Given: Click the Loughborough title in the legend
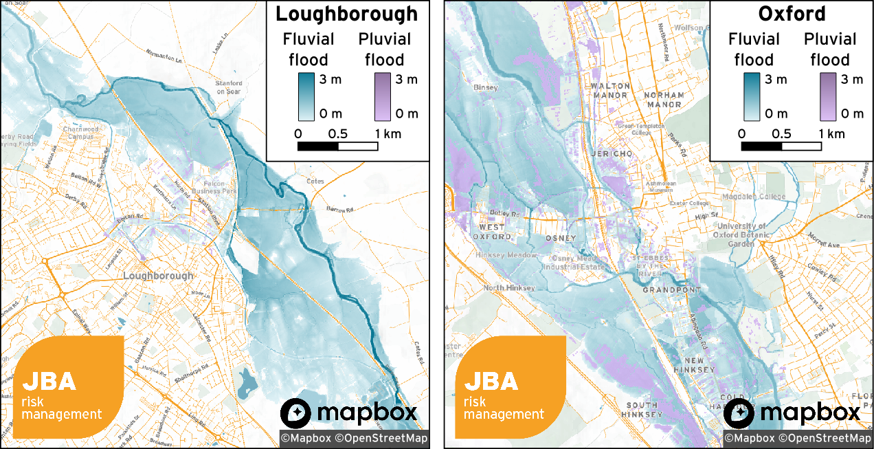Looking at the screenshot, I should [346, 14].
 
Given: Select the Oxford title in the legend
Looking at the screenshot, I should [792, 14].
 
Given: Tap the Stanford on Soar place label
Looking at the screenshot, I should [229, 87].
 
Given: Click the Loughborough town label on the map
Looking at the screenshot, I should [158, 276].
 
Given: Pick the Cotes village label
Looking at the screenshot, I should [315, 182].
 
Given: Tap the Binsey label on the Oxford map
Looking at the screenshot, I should [486, 88].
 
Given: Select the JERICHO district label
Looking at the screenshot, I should [611, 154].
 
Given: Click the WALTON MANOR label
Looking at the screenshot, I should [609, 91].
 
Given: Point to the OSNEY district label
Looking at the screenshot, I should [561, 238].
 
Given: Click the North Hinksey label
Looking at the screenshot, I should [509, 288].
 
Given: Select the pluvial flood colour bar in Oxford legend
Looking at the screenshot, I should [827, 96].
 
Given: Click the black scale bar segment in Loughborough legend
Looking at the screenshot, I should [317, 146].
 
